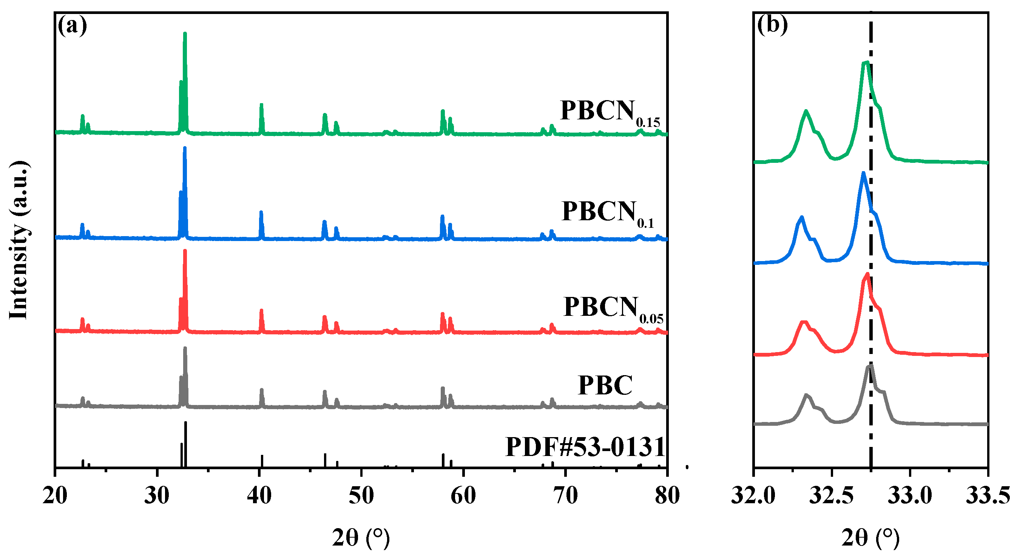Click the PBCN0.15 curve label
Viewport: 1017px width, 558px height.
[x=610, y=112]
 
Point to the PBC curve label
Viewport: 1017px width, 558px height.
[x=605, y=385]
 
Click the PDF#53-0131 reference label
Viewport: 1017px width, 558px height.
[x=585, y=447]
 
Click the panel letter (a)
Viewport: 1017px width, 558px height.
[x=72, y=26]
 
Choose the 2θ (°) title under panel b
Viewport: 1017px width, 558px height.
[x=870, y=538]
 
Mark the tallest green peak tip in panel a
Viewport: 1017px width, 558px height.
[x=185, y=34]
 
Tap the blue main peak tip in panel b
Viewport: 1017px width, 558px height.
[x=863, y=173]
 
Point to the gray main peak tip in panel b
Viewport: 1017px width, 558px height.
[x=870, y=366]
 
